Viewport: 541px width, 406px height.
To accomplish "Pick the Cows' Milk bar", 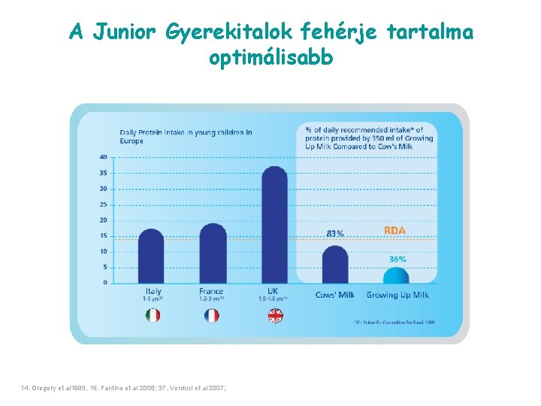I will point(335,264).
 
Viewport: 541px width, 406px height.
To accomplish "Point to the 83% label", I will point(335,234).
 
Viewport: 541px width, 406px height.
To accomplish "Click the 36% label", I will point(397,259).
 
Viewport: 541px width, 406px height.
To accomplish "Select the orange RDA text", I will point(395,229).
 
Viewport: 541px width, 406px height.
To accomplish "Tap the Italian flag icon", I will point(153,316).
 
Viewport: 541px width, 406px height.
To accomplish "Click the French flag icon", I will point(212,316).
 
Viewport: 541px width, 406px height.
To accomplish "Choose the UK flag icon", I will point(275,316).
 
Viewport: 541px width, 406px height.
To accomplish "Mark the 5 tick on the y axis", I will point(104,267).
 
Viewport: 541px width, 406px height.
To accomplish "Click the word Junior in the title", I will point(125,32).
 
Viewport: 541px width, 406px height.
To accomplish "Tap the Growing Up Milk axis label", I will point(397,295).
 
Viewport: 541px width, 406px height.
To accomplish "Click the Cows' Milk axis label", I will point(334,295).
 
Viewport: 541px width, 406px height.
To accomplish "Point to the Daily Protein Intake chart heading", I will point(186,136).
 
